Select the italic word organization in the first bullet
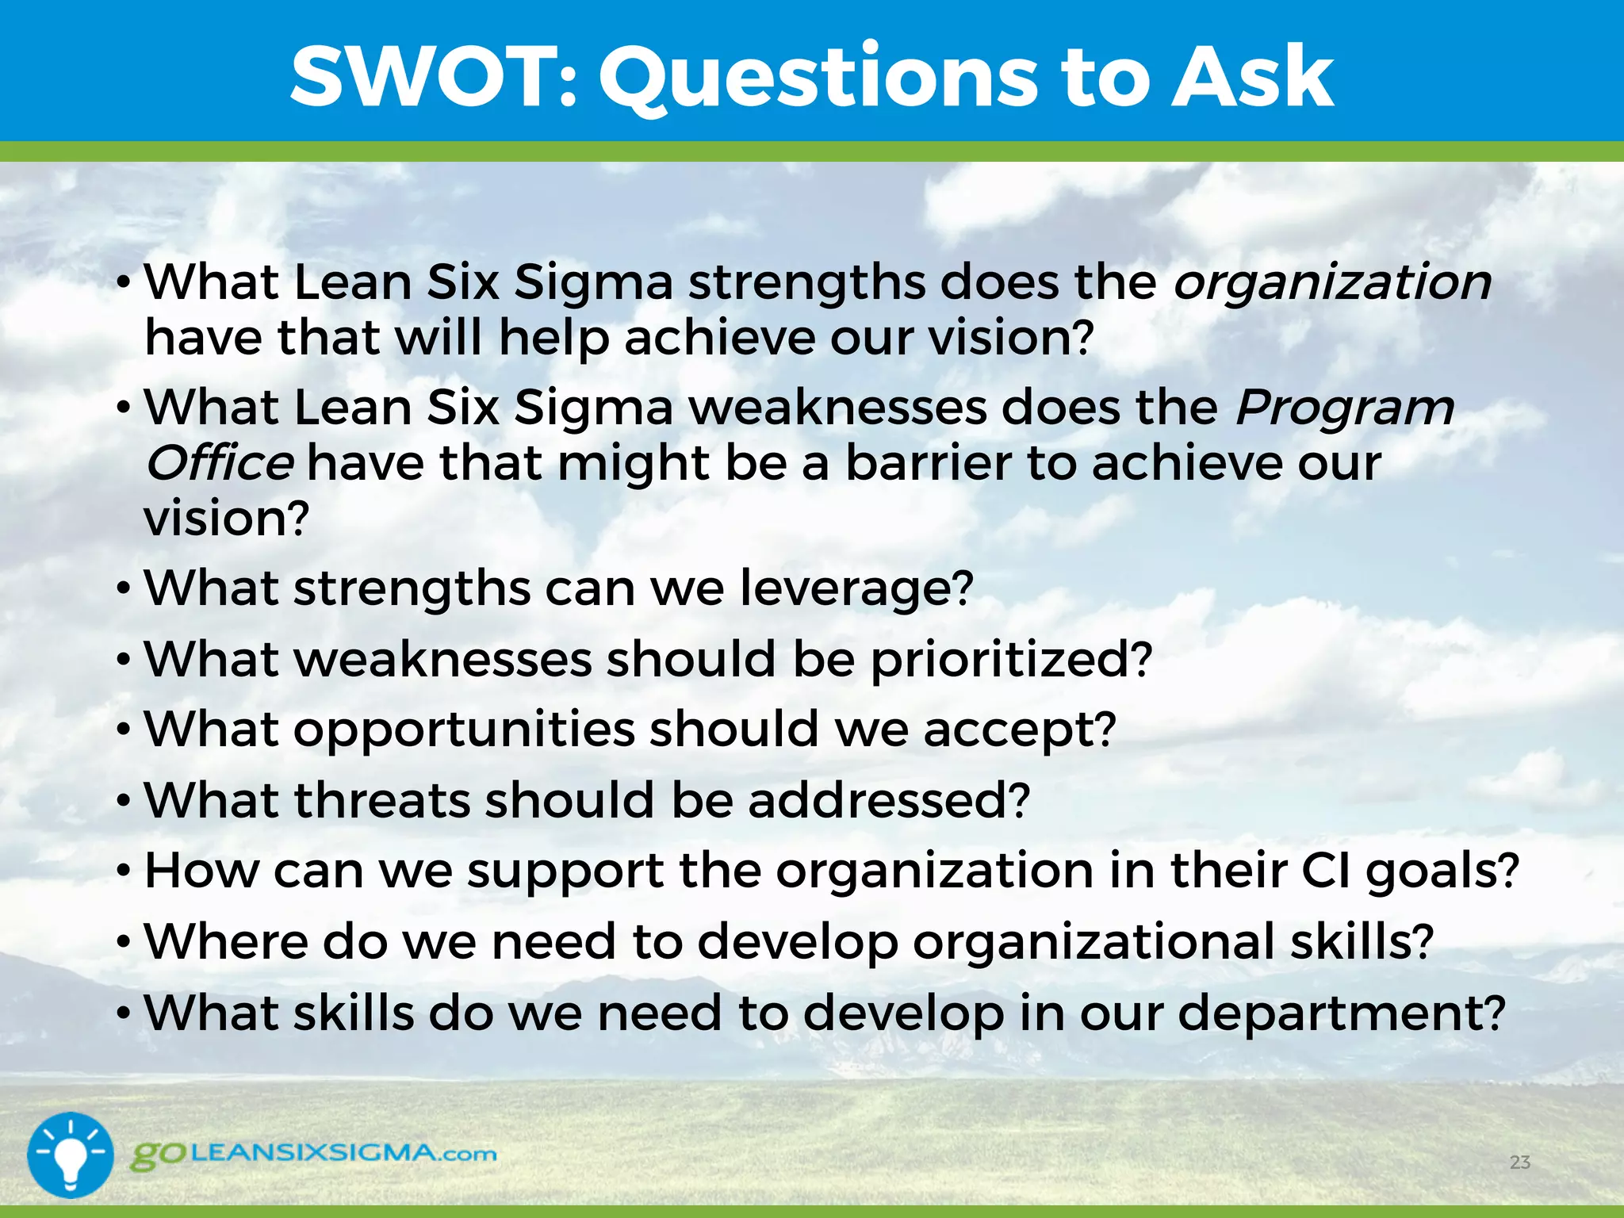pyautogui.click(x=1332, y=283)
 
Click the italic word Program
pyautogui.click(x=1345, y=408)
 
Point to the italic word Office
pyautogui.click(x=220, y=463)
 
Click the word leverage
pyautogui.click(x=855, y=589)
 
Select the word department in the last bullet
pyautogui.click(x=1340, y=1013)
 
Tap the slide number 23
pyautogui.click(x=1519, y=1162)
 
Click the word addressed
pyautogui.click(x=887, y=800)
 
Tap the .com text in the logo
pyautogui.click(x=469, y=1155)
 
